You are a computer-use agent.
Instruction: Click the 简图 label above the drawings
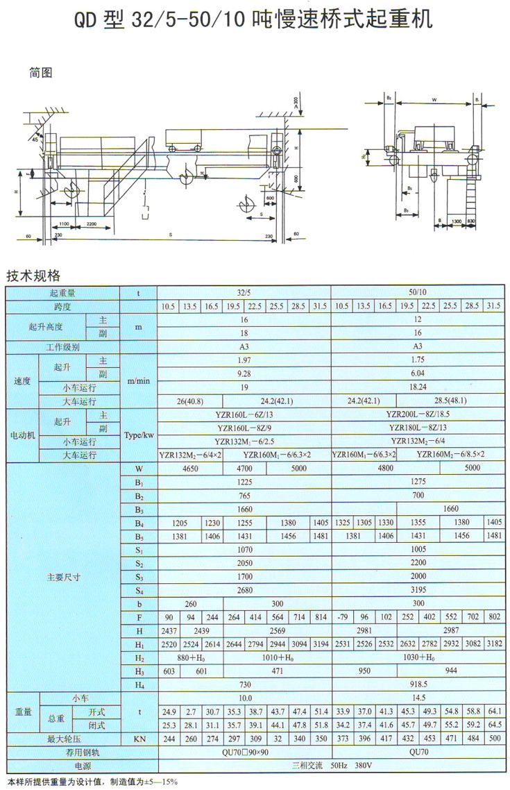[x=41, y=72]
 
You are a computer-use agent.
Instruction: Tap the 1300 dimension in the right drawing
[x=455, y=221]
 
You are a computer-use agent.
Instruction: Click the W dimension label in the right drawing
[x=433, y=99]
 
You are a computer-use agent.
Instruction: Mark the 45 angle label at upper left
[x=35, y=140]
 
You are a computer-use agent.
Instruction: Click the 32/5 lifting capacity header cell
[x=244, y=293]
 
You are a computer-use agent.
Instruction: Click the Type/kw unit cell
[x=139, y=435]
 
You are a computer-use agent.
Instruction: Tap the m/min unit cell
[x=139, y=381]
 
